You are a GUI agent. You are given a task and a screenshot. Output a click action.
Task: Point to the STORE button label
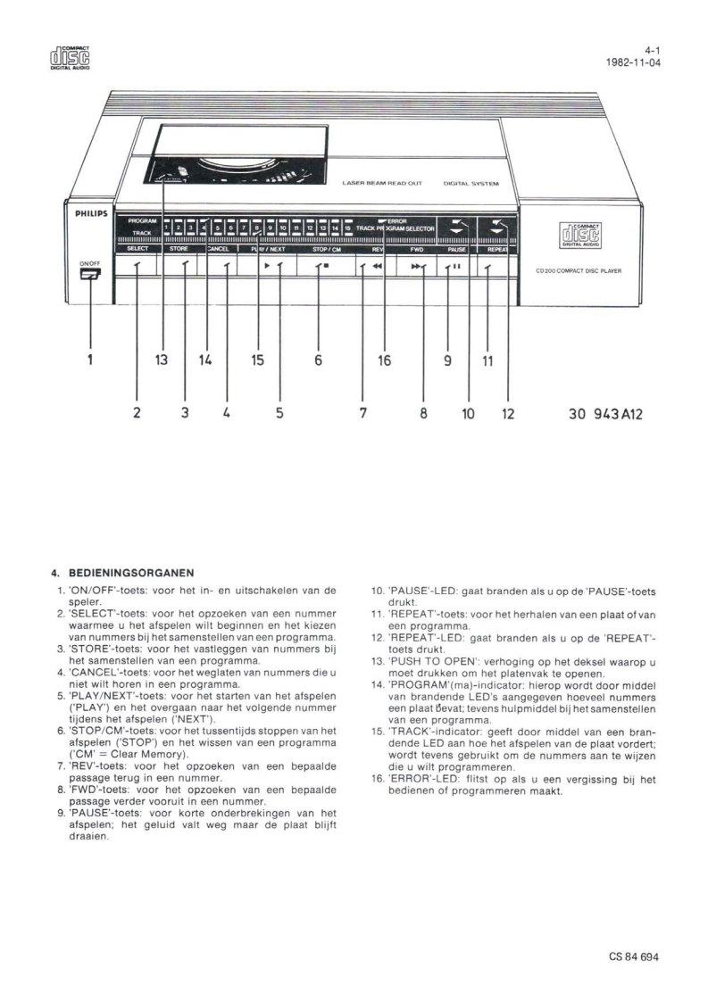click(x=177, y=250)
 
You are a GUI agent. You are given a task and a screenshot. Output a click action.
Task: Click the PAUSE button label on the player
click(x=457, y=250)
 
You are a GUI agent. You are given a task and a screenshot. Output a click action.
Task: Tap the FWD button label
click(x=416, y=250)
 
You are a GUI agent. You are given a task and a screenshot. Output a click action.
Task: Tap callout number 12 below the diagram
click(x=508, y=414)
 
